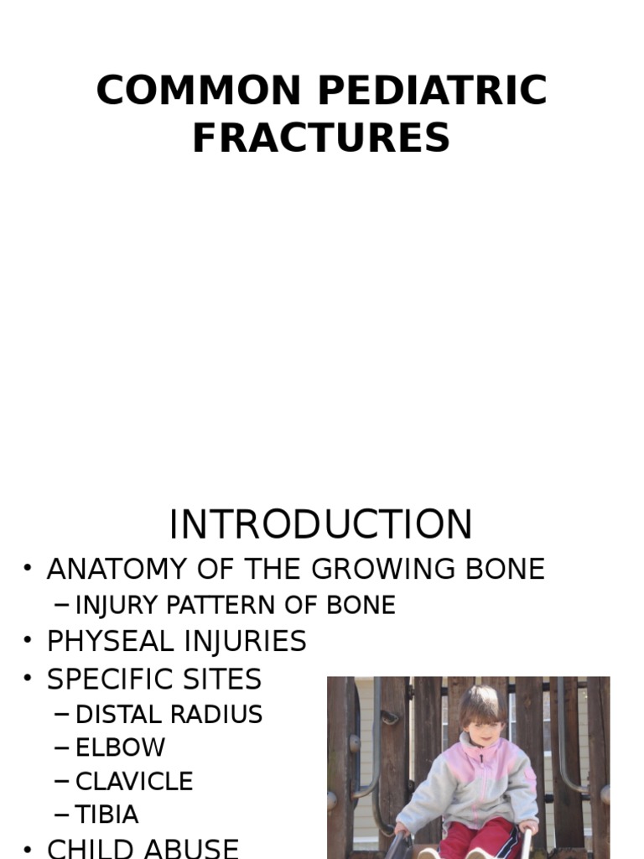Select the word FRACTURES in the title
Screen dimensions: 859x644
pyautogui.click(x=321, y=138)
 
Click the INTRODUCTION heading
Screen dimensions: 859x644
pyautogui.click(x=321, y=524)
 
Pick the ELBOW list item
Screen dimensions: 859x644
pyautogui.click(x=121, y=747)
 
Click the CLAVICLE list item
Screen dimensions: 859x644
pyautogui.click(x=134, y=781)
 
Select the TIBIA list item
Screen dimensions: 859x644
pyautogui.click(x=107, y=815)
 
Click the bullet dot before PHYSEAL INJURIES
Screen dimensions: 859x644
pyautogui.click(x=29, y=642)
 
